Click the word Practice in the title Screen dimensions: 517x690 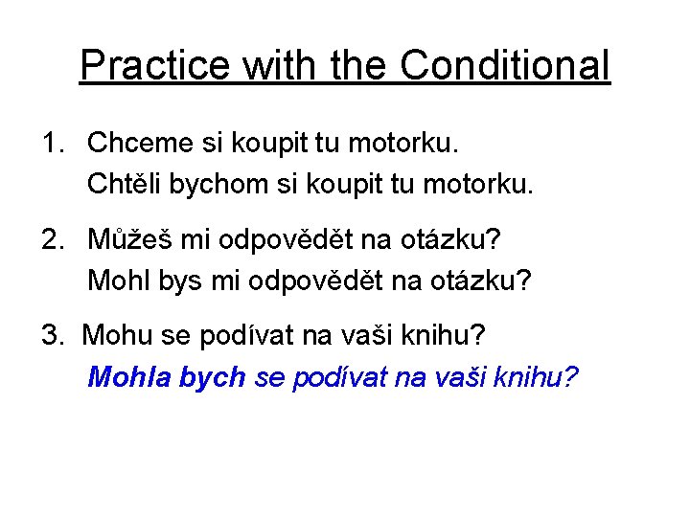click(x=155, y=65)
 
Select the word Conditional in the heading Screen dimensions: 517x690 click(x=504, y=65)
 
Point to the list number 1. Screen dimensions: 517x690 click(x=50, y=144)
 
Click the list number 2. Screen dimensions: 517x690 click(x=50, y=239)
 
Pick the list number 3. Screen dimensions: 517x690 click(x=50, y=335)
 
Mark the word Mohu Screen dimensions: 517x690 click(x=111, y=335)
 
